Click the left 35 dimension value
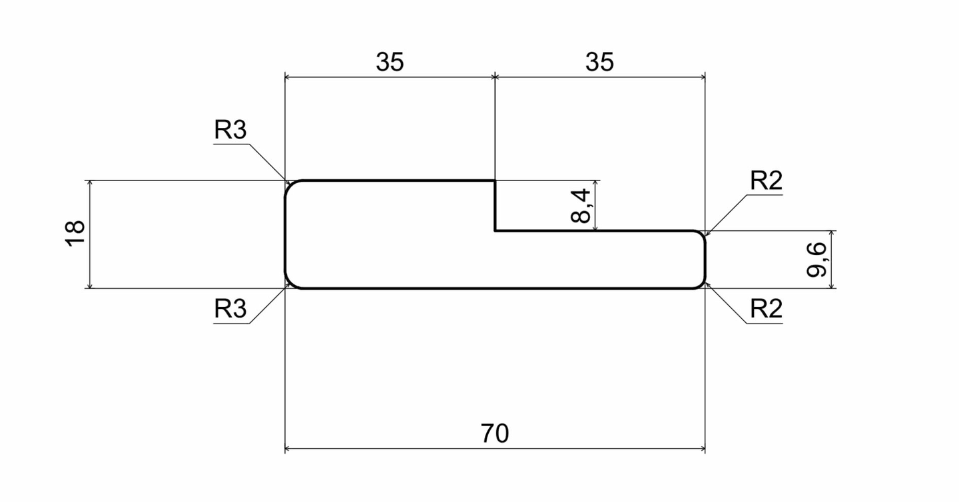click(390, 62)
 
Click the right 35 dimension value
click(599, 62)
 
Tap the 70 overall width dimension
click(494, 433)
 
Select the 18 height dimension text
click(75, 234)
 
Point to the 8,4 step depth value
click(581, 206)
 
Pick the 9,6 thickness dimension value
click(816, 260)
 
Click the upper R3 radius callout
click(230, 130)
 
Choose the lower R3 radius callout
click(230, 308)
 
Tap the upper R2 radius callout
click(767, 180)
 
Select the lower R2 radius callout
click(767, 308)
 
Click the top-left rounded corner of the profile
click(290, 185)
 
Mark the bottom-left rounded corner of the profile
click(290, 284)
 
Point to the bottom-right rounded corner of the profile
click(701, 285)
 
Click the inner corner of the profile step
click(495, 230)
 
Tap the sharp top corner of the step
click(495, 180)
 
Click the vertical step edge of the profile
click(495, 206)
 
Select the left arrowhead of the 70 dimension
click(288, 449)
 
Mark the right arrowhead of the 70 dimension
click(702, 449)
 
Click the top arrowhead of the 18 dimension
click(90, 184)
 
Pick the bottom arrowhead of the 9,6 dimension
click(831, 285)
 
